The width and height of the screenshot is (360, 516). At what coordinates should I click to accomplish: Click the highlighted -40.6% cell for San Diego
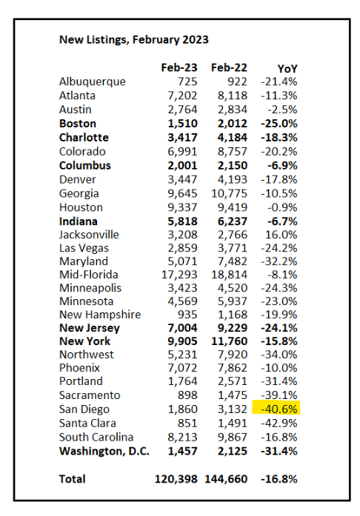point(276,409)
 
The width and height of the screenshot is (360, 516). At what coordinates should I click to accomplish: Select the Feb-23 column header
point(179,67)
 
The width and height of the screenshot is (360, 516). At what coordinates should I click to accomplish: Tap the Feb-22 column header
point(229,67)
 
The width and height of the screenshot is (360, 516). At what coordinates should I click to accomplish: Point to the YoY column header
point(287,68)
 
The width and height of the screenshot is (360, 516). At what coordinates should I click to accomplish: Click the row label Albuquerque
point(93,82)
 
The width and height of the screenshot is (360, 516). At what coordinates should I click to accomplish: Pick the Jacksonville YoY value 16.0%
point(281,235)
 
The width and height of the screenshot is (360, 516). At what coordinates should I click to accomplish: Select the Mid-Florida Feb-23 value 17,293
point(179,275)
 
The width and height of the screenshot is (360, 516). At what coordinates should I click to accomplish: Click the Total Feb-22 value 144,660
point(226,479)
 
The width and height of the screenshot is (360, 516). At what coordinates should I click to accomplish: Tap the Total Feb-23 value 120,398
point(176,479)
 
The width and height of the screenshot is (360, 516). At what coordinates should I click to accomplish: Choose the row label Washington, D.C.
point(104,451)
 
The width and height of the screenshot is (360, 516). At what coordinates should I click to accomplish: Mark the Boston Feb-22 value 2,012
point(232,124)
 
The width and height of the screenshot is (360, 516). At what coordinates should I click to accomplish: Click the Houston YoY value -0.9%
point(282,207)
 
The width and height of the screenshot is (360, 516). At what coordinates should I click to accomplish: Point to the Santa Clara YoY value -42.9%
point(279,423)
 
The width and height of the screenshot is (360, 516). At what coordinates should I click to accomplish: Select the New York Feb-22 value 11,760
point(229,341)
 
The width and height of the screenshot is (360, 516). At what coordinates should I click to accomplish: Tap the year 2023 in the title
point(196,39)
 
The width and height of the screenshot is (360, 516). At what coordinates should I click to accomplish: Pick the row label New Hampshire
point(100,315)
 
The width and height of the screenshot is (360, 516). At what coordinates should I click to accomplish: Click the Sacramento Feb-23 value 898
point(187,395)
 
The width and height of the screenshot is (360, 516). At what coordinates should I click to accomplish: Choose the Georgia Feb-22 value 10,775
point(229,193)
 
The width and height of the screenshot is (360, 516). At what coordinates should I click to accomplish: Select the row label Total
point(72,479)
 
